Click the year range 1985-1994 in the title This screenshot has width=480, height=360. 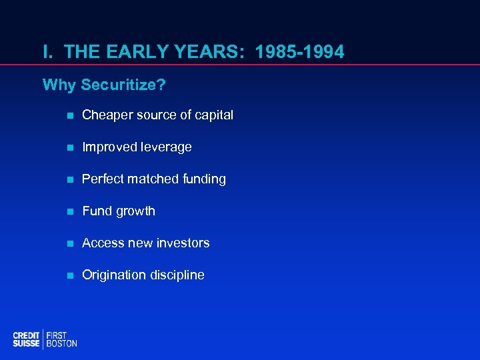point(301,51)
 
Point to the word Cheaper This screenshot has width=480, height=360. point(106,115)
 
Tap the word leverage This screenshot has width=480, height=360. point(165,147)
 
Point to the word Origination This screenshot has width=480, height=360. point(113,275)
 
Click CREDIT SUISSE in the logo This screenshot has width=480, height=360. point(26,339)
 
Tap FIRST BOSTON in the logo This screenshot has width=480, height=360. point(61,339)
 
